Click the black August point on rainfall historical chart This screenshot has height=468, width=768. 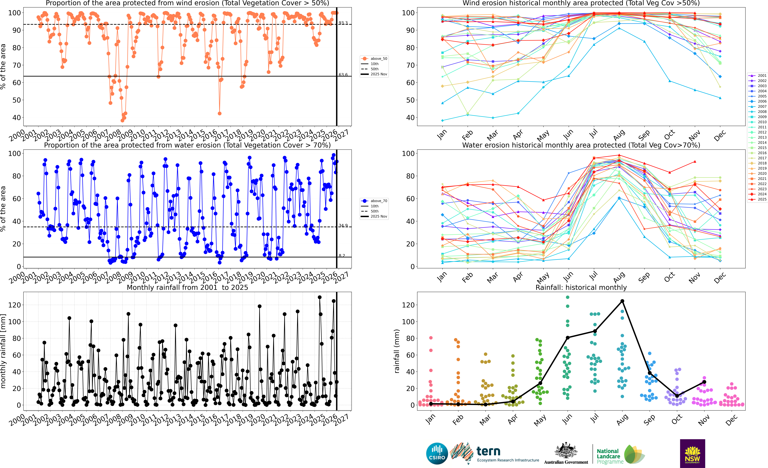622,301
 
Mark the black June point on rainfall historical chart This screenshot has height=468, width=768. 568,338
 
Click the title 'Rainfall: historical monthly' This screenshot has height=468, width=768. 581,287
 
